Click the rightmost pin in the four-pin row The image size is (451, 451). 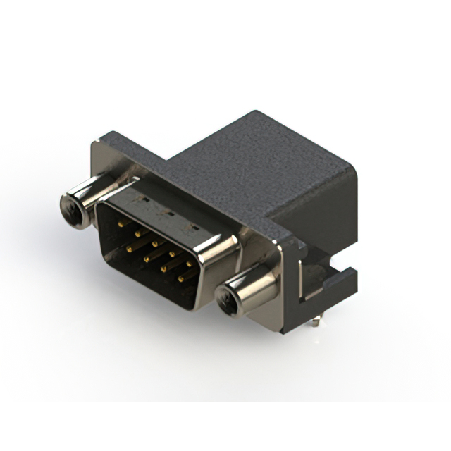click(x=180, y=279)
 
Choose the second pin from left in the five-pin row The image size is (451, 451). click(x=138, y=234)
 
